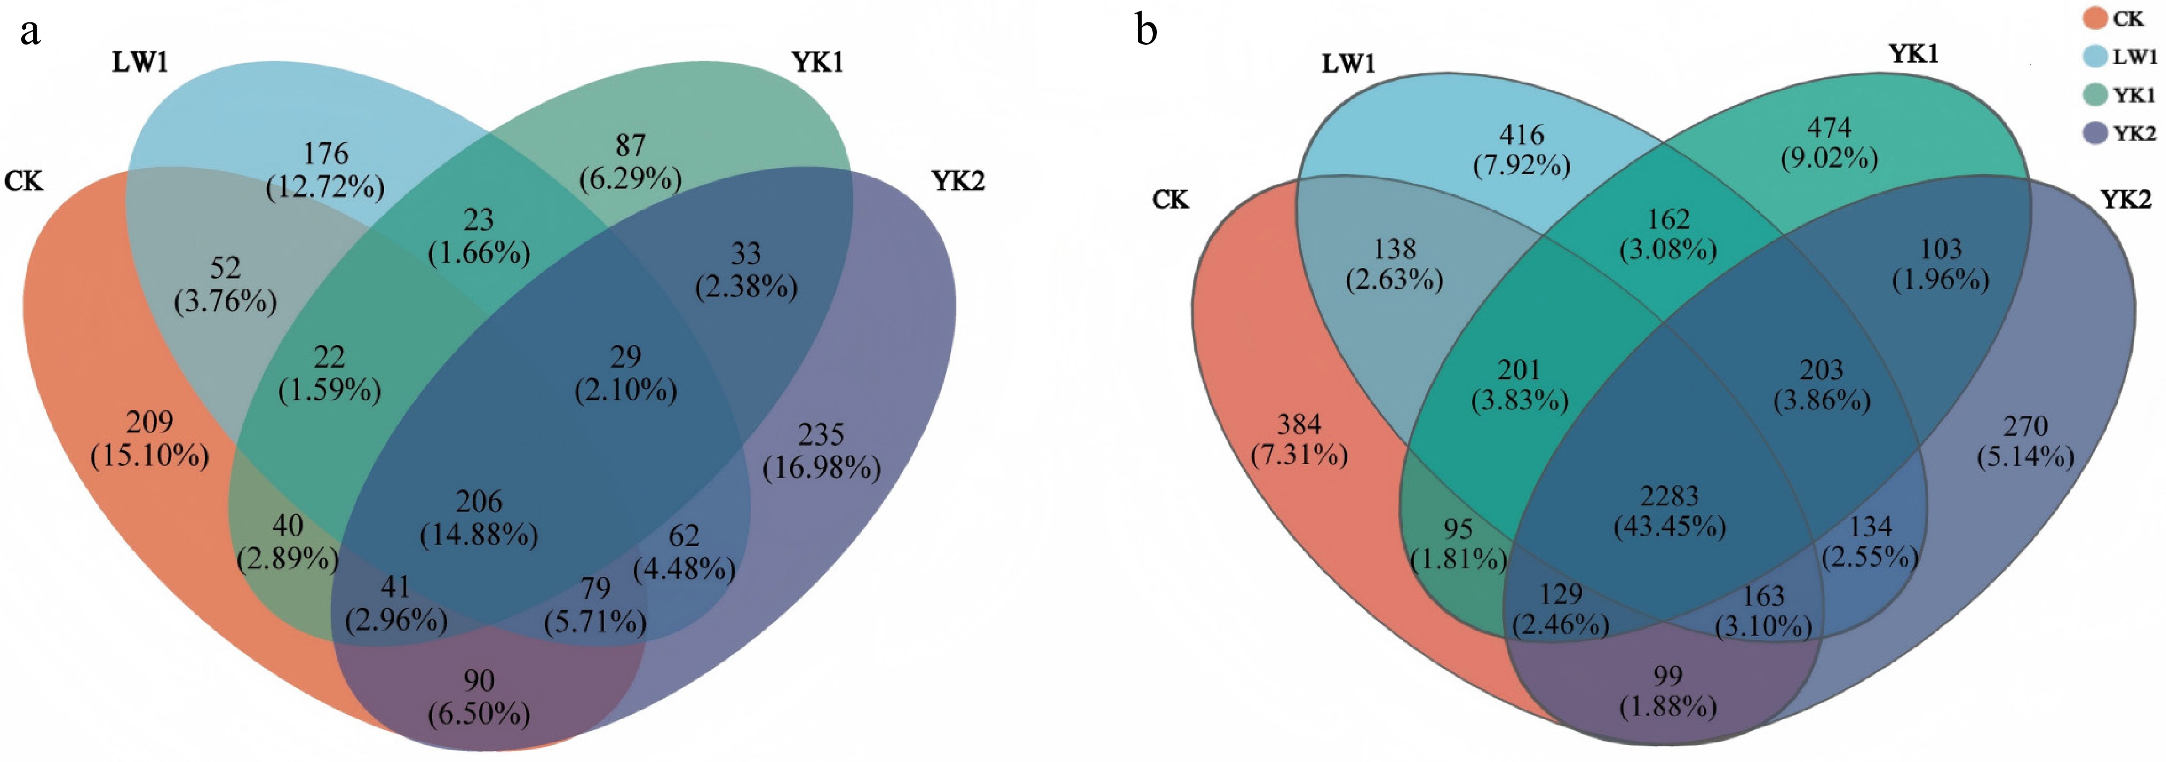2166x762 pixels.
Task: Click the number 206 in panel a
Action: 479,501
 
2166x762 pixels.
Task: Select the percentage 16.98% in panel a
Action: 822,468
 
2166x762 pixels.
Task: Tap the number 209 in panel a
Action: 150,421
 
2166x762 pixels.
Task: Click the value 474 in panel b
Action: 1829,127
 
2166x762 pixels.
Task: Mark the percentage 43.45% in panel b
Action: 1669,527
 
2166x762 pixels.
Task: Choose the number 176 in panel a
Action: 325,153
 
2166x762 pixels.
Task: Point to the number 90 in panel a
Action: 478,679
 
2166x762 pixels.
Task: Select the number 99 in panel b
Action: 1667,675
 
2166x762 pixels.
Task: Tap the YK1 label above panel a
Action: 817,62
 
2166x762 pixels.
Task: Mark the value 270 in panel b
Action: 2024,426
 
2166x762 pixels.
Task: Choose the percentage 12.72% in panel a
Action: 325,186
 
